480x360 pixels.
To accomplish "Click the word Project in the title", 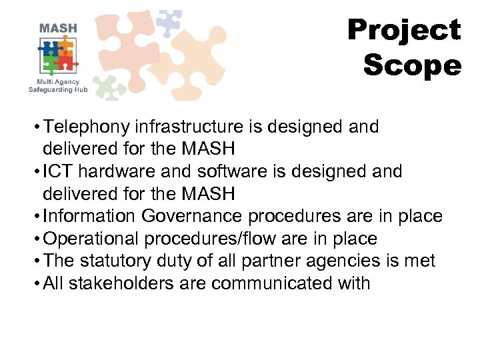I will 404,31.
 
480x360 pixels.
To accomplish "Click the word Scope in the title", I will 412,66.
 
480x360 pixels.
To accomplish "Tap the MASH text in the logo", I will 58,28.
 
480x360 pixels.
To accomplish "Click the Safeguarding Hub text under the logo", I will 59,89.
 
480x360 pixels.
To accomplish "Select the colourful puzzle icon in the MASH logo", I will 58,56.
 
